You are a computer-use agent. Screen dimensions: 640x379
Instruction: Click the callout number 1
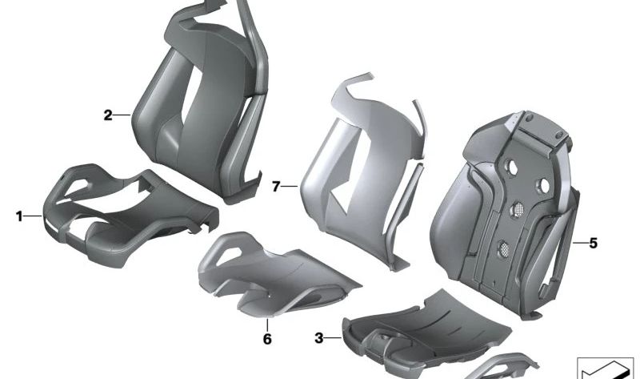19,216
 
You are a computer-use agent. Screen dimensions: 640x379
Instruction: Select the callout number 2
108,115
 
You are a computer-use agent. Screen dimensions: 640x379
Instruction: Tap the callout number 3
318,338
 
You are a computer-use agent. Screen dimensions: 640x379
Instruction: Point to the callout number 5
593,244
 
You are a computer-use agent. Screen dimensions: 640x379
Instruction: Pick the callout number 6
267,339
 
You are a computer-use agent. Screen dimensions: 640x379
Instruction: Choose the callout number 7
276,187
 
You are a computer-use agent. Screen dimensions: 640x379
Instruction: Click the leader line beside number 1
33,216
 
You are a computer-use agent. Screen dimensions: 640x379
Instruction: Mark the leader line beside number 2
122,115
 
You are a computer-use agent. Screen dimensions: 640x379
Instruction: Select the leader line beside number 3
333,338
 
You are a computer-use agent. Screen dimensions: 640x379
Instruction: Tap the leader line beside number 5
580,243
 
